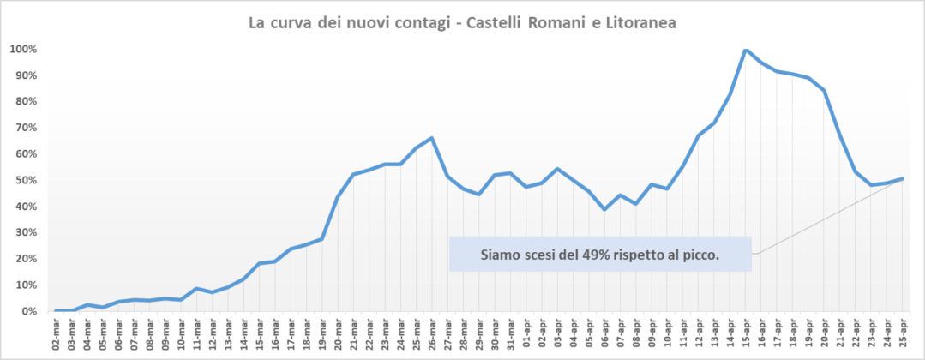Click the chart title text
coord(462,23)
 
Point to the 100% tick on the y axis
coord(23,49)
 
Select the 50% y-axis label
coord(23,180)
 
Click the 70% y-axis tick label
coord(23,128)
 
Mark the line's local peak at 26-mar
coord(432,138)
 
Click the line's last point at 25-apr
coord(903,178)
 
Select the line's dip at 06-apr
coord(604,209)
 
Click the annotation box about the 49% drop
coord(600,254)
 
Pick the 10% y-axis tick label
coord(23,285)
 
